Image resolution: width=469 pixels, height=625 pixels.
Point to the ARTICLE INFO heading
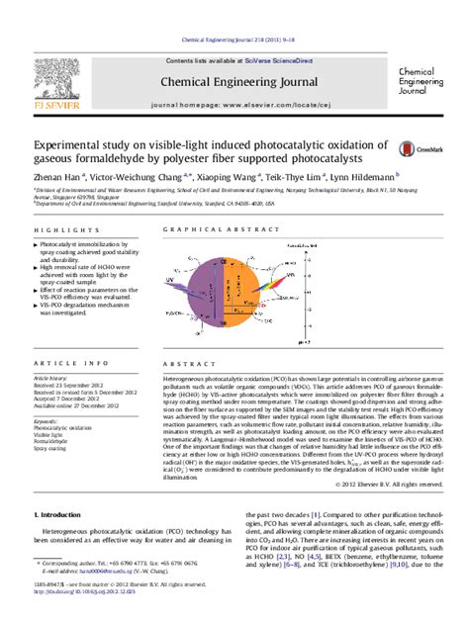point(63,364)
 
